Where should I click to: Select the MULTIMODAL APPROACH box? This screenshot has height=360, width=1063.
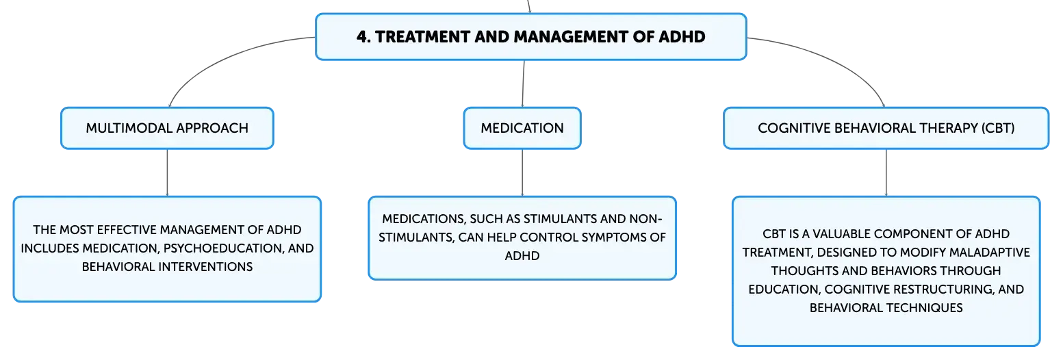tap(167, 128)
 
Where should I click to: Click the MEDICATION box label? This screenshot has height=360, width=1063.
tap(522, 128)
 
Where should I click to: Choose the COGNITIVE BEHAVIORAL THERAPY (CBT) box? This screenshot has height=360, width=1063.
tap(886, 128)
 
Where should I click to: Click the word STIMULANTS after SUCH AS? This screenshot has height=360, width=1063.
tap(560, 218)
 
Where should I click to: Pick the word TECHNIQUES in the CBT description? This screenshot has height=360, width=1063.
tap(925, 308)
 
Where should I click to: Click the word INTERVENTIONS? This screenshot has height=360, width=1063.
tap(205, 266)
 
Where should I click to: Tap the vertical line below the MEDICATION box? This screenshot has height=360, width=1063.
tap(522, 172)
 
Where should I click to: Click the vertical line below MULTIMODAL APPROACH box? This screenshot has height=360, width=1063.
tap(167, 172)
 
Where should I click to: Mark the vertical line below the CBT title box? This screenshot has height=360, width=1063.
tap(886, 172)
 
